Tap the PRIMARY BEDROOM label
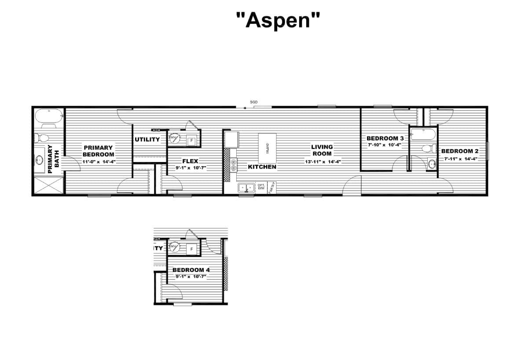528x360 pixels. tap(99, 151)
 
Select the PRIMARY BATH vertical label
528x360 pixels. tap(53, 159)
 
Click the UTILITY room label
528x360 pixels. tap(147, 140)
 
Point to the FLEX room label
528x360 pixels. tap(190, 161)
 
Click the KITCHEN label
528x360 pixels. tap(262, 167)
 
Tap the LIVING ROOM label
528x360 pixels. tap(322, 150)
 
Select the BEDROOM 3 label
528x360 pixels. tap(385, 138)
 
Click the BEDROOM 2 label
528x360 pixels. tap(459, 151)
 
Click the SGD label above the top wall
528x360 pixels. tap(253, 102)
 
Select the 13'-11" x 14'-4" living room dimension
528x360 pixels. tap(322, 162)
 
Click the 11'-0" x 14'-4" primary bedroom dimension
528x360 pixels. tap(99, 162)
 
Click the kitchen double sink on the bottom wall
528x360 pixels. tap(246, 188)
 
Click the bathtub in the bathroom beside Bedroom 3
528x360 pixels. tap(423, 133)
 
